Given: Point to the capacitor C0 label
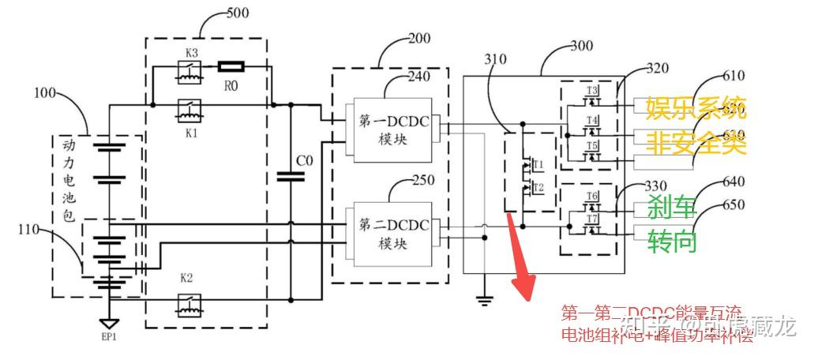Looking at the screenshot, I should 304,161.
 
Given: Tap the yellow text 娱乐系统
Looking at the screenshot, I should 696,106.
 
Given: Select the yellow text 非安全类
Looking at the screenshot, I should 696,144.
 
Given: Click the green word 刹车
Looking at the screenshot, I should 672,208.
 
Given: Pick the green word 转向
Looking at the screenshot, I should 672,241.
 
